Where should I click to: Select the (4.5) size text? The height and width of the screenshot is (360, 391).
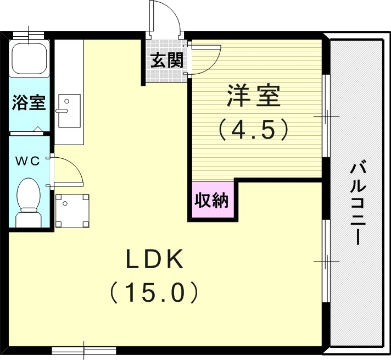pyautogui.click(x=253, y=130)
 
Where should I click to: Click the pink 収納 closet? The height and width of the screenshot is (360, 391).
pyautogui.click(x=212, y=201)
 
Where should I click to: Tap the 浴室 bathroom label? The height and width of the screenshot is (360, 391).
pyautogui.click(x=29, y=103)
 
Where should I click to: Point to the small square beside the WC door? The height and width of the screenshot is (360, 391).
pyautogui.click(x=72, y=210)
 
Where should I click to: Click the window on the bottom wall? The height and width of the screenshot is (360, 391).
pyautogui.click(x=84, y=349)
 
